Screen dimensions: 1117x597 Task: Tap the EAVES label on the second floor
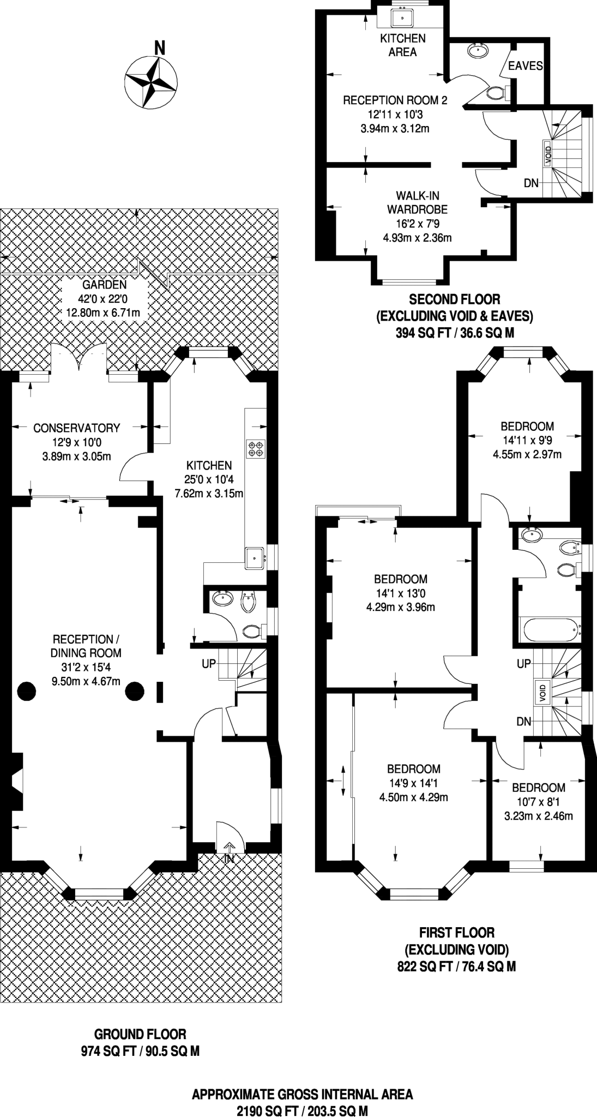(x=525, y=66)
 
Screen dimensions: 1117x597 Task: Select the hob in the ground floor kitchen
(x=256, y=448)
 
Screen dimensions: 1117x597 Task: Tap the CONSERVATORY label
(x=76, y=428)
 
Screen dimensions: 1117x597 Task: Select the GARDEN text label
(x=104, y=285)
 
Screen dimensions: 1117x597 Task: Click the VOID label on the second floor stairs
(x=548, y=154)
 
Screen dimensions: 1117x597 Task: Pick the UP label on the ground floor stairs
(x=209, y=664)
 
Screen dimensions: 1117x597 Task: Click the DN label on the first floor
(x=523, y=722)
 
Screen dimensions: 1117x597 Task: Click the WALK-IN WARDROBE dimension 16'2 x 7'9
(x=417, y=224)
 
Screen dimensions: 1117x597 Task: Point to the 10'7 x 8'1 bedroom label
(x=538, y=802)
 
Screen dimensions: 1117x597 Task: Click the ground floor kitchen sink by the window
(x=255, y=557)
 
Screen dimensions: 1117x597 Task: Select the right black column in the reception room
(x=135, y=692)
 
